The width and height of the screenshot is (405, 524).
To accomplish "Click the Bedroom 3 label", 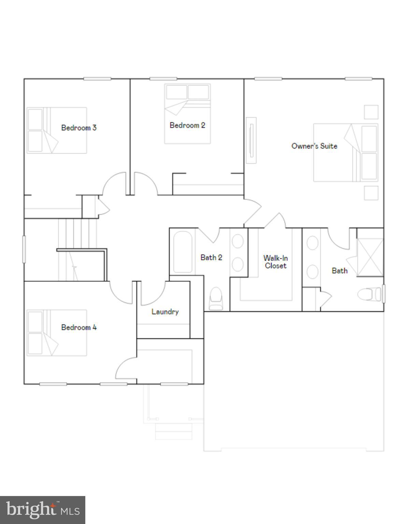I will (x=79, y=128).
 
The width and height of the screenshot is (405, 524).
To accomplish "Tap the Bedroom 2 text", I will (x=187, y=125).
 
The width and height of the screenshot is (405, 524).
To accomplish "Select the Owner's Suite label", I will (x=314, y=146).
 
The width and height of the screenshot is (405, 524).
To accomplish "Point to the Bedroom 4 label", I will (x=79, y=327).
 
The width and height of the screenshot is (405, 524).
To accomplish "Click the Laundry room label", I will (x=165, y=311).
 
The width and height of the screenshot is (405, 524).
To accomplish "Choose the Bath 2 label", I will (x=211, y=258).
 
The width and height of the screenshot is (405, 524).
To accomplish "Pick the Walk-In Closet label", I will (x=276, y=262).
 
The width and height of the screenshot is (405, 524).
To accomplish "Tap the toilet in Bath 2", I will (x=216, y=299).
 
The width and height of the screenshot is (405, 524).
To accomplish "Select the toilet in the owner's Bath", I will (x=369, y=294).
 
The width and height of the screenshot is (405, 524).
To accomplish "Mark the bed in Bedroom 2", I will (x=187, y=114).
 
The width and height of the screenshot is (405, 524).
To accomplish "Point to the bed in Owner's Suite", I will (x=345, y=152).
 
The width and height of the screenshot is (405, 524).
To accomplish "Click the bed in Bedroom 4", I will (x=57, y=333).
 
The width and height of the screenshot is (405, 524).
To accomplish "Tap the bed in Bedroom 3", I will (x=57, y=130).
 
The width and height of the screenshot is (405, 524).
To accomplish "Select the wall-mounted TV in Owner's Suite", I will (x=251, y=140).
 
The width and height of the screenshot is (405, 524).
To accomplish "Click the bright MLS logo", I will (x=43, y=510).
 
